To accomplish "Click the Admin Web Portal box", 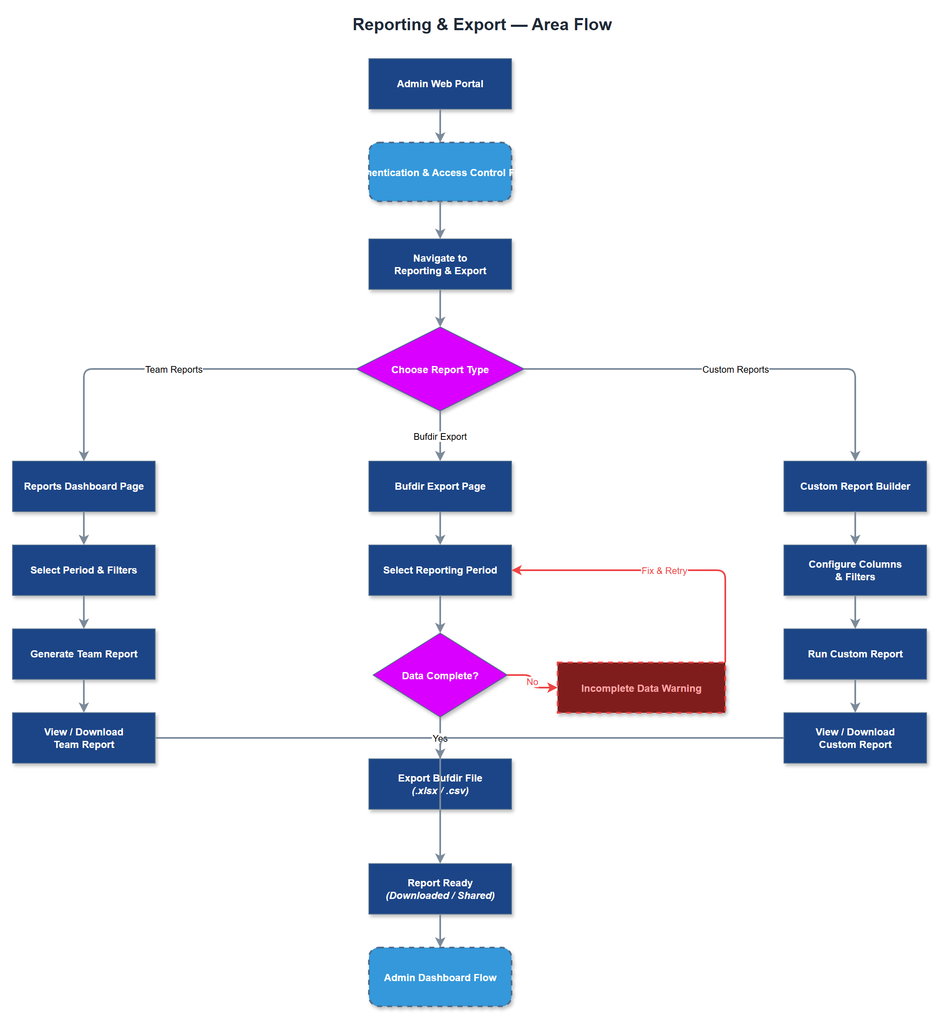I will (x=440, y=84).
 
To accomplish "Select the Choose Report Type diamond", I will (x=440, y=369).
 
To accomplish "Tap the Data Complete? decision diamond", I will (x=440, y=675).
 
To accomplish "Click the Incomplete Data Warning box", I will (x=641, y=688).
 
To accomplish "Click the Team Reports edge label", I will (x=174, y=369).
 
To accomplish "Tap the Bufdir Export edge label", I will (x=440, y=436).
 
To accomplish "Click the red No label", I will (x=532, y=682).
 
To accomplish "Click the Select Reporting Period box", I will (x=440, y=570).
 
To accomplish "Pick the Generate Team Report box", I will (x=84, y=654).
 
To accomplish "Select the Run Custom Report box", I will (x=854, y=654).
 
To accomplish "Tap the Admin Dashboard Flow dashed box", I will (x=440, y=977).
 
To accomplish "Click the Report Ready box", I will (x=440, y=889).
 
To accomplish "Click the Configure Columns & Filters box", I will (x=854, y=570).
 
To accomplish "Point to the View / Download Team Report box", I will (x=84, y=738).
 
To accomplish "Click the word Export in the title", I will (x=479, y=24).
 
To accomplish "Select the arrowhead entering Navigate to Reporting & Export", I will (x=440, y=233).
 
